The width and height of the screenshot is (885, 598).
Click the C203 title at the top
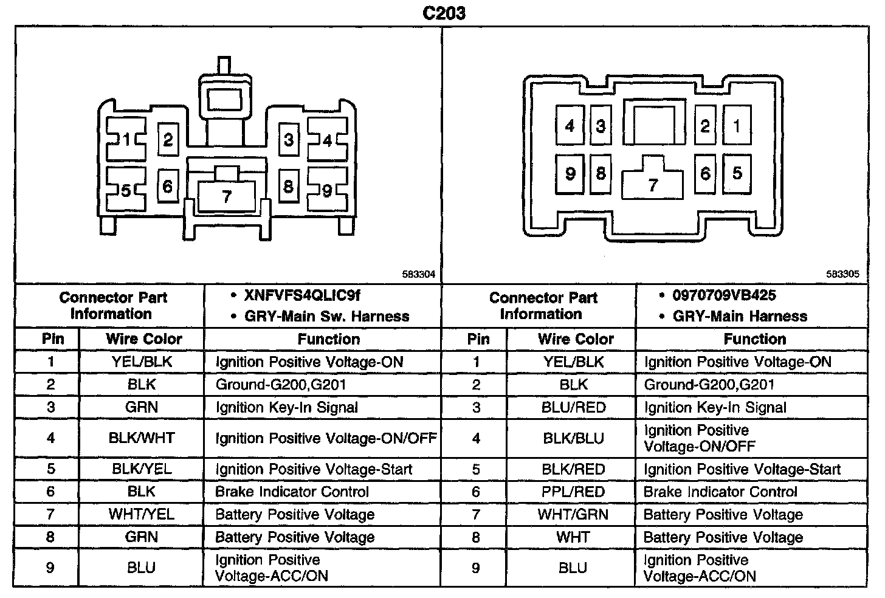point(444,13)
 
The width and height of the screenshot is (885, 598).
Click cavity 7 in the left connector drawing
point(227,196)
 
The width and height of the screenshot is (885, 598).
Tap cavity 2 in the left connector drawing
point(168,140)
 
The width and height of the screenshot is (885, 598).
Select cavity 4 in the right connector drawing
point(570,126)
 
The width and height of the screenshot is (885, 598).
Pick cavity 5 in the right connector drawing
point(737,173)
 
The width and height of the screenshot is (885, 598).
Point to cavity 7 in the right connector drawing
point(653,184)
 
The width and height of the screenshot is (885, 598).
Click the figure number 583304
point(419,275)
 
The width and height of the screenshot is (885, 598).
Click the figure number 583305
point(842,275)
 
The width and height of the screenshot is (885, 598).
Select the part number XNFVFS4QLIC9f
point(302,296)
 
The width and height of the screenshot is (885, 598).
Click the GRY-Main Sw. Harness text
point(326,317)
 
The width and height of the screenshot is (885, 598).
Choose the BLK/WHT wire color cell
point(142,438)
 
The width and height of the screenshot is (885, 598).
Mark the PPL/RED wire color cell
point(573,492)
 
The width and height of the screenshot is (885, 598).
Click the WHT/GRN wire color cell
point(573,515)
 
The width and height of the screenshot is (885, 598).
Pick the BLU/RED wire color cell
point(573,407)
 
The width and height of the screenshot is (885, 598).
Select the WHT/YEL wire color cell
point(142,515)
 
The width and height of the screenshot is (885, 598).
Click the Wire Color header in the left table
point(144,339)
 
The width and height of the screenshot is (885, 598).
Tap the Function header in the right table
point(754,339)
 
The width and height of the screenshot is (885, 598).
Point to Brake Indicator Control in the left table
point(292,492)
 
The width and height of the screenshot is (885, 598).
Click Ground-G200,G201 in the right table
point(709,385)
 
